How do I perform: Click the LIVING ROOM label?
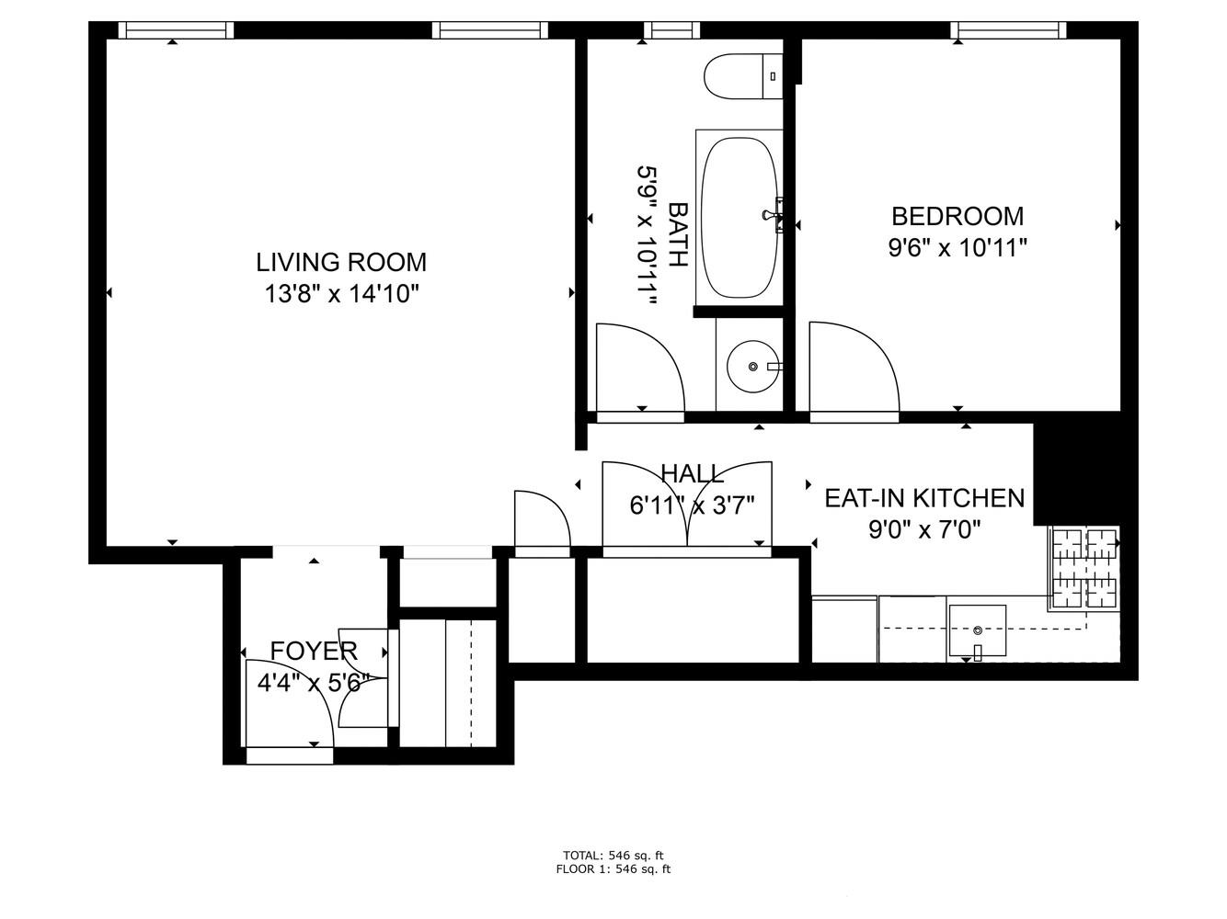(341, 263)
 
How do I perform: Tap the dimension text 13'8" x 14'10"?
(341, 294)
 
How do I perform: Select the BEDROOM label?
(958, 217)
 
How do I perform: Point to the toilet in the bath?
(741, 76)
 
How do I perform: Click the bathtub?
(740, 218)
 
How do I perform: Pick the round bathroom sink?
(752, 367)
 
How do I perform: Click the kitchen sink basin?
(977, 630)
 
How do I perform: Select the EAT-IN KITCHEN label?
(923, 498)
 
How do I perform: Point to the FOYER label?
(313, 652)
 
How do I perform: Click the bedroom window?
(1009, 30)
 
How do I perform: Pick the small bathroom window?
(671, 30)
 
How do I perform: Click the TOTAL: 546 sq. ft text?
(613, 855)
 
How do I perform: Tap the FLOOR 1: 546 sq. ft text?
(613, 868)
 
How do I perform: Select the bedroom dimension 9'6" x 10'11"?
(958, 248)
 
